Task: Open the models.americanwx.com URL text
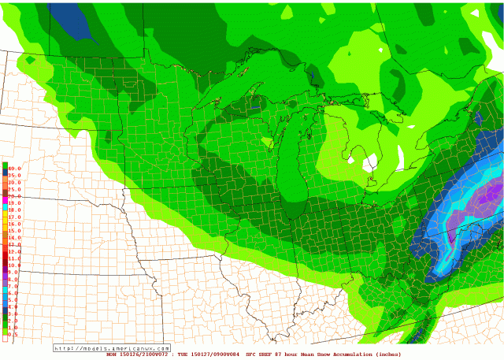[x=113, y=347]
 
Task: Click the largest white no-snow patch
[x=369, y=163]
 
